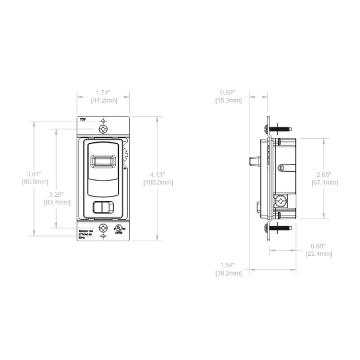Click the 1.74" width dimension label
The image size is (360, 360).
pos(103,92)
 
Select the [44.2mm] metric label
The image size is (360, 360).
pos(103,100)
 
